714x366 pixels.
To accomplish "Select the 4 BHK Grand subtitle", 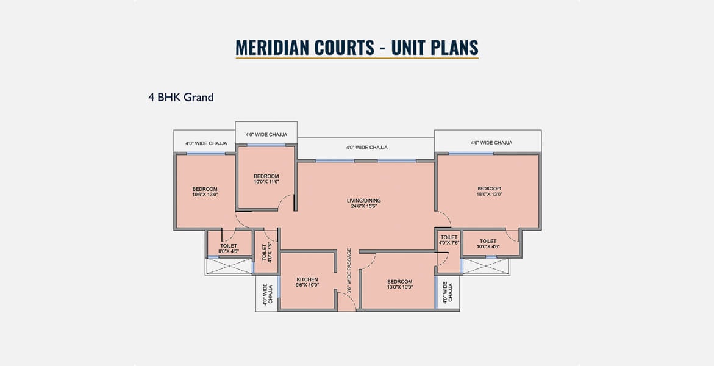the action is (180, 97).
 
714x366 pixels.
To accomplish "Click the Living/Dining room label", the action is (364, 201).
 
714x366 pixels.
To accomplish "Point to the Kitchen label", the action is (307, 279).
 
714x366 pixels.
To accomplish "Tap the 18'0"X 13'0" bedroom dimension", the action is (490, 194).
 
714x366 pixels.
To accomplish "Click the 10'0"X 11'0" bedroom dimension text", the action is (266, 181).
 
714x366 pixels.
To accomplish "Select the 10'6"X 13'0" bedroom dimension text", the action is (205, 195).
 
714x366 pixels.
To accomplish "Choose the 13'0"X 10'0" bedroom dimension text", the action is (400, 287).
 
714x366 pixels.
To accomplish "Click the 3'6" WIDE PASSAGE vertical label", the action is (349, 271).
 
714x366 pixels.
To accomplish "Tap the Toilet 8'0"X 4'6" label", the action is (229, 248).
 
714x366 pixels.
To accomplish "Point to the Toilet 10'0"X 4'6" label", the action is (488, 244).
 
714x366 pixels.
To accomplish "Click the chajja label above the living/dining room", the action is (367, 147).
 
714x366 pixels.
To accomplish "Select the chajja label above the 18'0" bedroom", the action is (491, 143).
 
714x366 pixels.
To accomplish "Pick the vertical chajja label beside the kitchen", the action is (267, 293).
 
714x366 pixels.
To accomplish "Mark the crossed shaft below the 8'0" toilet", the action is (229, 267).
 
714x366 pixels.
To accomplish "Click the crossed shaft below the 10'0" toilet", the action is (485, 267).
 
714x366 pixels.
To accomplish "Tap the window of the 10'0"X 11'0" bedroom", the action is (266, 145).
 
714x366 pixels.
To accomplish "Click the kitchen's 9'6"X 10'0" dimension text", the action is (307, 285).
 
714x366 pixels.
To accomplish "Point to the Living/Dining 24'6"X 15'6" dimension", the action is (364, 206).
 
